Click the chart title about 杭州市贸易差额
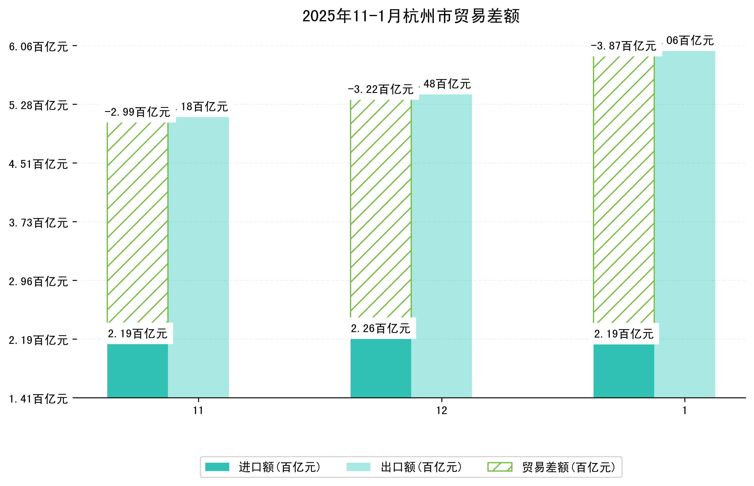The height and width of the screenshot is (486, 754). [411, 16]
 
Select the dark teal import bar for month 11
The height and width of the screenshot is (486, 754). [137, 371]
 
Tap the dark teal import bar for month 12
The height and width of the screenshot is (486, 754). [381, 368]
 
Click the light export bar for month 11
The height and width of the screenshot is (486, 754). [198, 257]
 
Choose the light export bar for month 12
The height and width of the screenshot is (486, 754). [441, 246]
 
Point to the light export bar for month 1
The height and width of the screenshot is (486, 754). [684, 224]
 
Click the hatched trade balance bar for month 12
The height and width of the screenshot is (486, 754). [381, 208]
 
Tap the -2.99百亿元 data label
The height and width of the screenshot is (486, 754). [137, 112]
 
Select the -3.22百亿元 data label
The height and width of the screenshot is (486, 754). [381, 89]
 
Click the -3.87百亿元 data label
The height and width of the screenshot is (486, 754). [623, 46]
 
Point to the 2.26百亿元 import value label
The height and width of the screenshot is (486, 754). [381, 329]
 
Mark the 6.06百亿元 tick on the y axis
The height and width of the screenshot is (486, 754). [39, 47]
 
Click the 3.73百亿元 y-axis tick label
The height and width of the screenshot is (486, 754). [39, 223]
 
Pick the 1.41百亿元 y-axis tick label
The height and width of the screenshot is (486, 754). [39, 399]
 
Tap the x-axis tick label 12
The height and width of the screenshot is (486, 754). [441, 410]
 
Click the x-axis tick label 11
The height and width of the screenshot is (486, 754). [198, 410]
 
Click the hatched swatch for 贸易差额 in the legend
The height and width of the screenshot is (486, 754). [500, 467]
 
